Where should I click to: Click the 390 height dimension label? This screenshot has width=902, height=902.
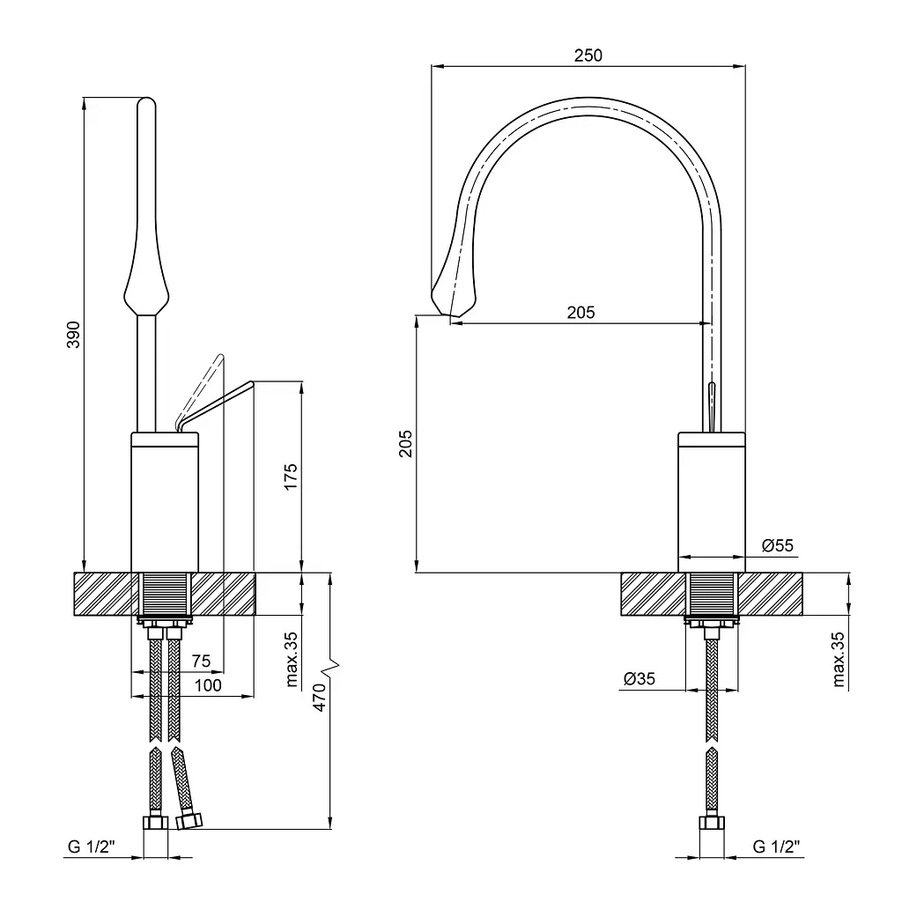(x=75, y=334)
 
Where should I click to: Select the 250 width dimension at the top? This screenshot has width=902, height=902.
(x=588, y=55)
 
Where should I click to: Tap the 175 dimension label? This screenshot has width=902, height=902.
(x=292, y=476)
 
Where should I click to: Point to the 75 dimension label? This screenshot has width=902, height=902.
(x=201, y=662)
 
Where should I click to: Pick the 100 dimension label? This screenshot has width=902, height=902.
(x=207, y=685)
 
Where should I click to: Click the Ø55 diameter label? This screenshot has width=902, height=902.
(x=777, y=546)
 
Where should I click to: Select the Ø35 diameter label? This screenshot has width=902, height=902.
(x=639, y=679)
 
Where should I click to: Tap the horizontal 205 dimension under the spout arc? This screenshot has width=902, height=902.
(x=580, y=312)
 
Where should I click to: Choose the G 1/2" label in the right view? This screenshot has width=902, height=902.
(x=775, y=847)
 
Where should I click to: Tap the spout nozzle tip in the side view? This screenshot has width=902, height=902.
(x=453, y=304)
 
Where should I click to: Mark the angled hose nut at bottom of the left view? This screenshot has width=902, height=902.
(x=188, y=822)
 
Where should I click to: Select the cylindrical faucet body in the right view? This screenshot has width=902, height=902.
(x=712, y=502)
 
